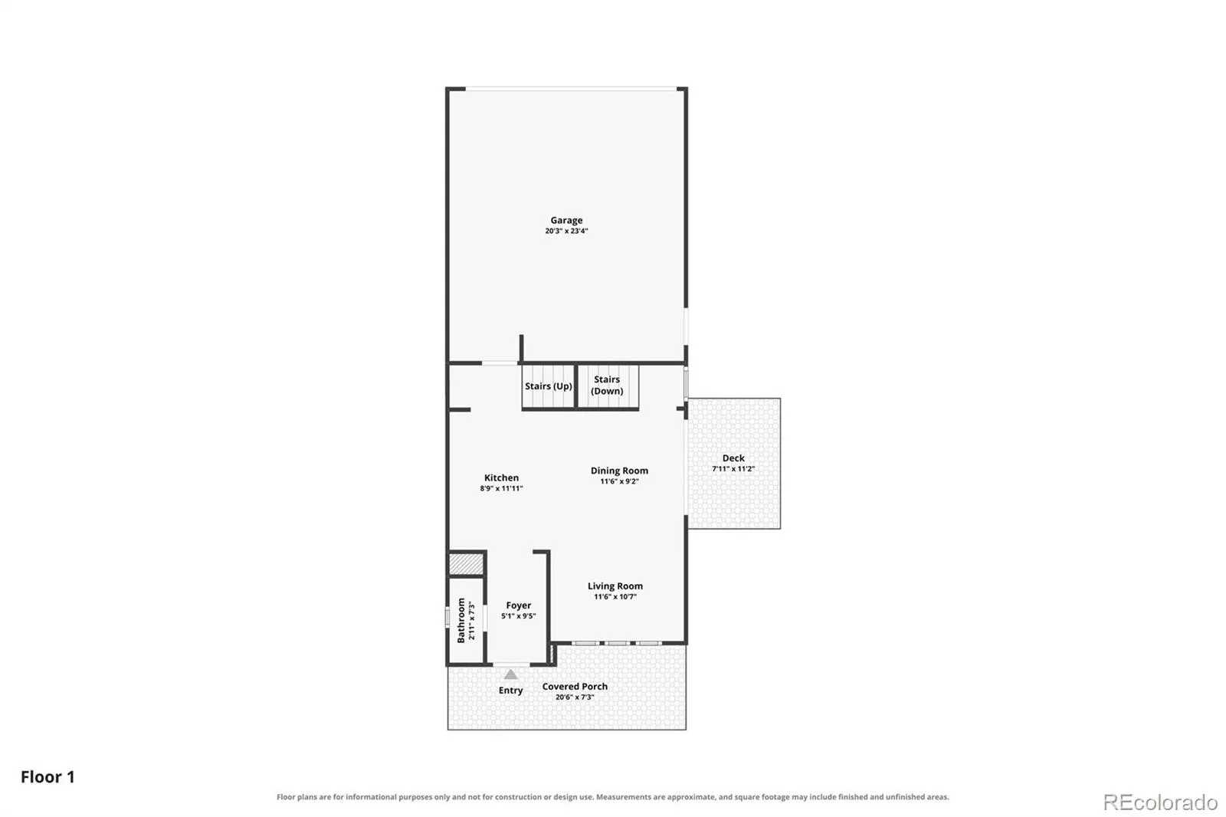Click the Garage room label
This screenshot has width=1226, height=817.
(x=566, y=220)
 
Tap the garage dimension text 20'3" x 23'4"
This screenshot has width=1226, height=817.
(x=566, y=231)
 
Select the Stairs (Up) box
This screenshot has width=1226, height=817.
(x=549, y=386)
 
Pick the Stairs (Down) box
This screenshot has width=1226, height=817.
(x=608, y=386)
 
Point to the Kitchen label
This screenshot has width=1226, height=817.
(x=501, y=477)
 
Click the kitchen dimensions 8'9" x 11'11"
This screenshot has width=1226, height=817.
(x=501, y=488)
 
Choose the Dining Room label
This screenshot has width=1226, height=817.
(x=620, y=471)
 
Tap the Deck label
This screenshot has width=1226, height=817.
(x=733, y=458)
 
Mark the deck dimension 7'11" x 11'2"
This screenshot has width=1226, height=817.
(x=733, y=469)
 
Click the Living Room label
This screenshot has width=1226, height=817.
(x=615, y=586)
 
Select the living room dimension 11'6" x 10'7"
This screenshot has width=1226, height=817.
(x=615, y=597)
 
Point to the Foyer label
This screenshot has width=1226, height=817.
(x=518, y=605)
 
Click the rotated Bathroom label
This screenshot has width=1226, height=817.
(x=461, y=621)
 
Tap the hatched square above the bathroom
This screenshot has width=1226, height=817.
(x=467, y=564)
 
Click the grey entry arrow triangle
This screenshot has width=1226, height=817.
(x=510, y=674)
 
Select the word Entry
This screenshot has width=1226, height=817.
(x=510, y=691)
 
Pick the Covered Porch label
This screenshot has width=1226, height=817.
(x=575, y=687)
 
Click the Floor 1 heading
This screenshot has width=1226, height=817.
(x=48, y=777)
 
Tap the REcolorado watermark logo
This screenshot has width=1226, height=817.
(x=1160, y=802)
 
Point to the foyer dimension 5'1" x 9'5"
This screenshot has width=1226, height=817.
(x=518, y=616)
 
